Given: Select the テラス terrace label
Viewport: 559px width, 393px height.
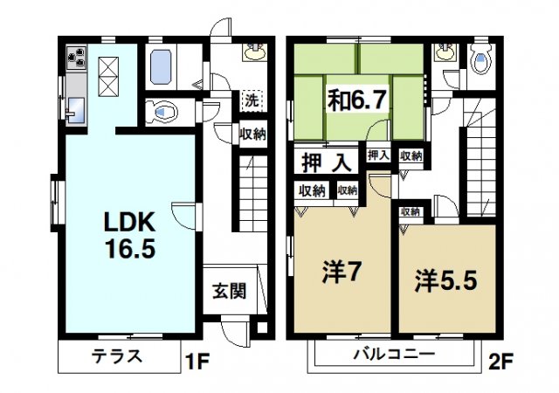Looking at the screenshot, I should [115, 356].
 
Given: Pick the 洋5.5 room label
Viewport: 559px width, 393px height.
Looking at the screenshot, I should [445, 282].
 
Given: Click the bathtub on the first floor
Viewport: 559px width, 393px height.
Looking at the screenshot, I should [162, 66].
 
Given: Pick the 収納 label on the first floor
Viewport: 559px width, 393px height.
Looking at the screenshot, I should [253, 134].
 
